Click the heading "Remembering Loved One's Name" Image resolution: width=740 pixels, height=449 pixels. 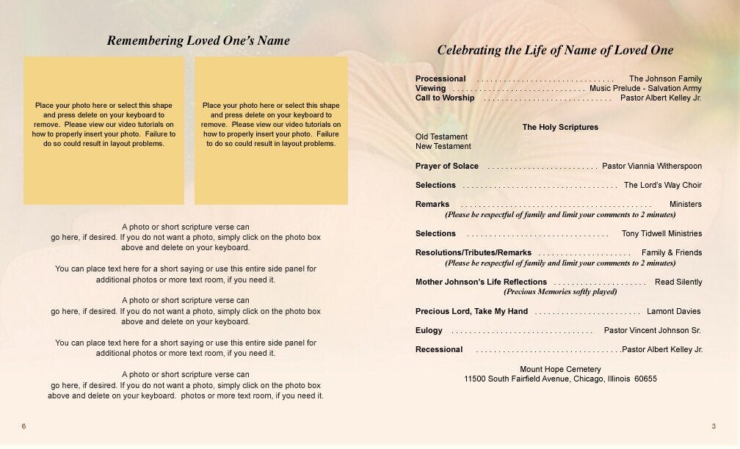[198, 41]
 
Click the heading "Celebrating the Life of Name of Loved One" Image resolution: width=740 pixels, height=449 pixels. [555, 51]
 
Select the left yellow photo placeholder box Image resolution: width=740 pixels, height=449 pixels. [104, 130]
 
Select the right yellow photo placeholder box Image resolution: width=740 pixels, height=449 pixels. [271, 130]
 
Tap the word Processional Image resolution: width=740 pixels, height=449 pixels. [440, 79]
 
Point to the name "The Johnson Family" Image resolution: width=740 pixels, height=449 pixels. [665, 79]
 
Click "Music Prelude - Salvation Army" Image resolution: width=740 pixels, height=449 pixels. [645, 88]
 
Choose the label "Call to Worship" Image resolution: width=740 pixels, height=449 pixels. [445, 98]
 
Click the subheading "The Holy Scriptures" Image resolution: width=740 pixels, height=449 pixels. [560, 127]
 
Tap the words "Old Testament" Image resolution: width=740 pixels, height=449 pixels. [441, 136]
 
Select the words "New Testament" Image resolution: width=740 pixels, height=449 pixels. [443, 146]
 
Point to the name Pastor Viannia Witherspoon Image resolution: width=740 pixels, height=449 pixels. [652, 166]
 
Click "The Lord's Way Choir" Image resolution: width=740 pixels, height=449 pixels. [662, 185]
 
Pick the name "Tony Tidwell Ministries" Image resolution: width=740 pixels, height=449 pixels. [661, 233]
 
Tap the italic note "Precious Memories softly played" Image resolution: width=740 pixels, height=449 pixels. [560, 291]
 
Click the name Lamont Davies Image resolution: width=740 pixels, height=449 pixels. [674, 311]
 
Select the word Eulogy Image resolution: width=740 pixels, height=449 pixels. [429, 330]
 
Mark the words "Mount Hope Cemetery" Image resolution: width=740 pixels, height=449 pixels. [560, 369]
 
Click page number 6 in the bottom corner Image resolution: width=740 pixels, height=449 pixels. [23, 426]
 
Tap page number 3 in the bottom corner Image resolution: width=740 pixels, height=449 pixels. [714, 426]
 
